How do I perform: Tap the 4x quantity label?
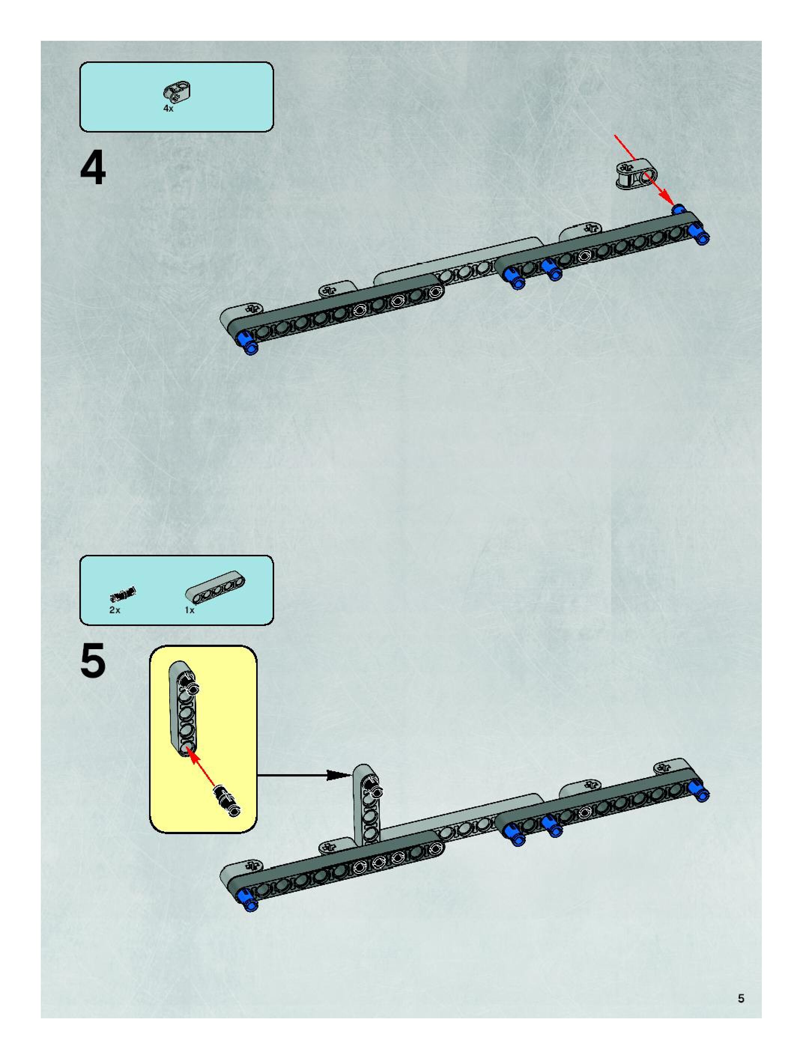click(x=168, y=109)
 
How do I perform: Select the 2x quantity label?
click(x=115, y=610)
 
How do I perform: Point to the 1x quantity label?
click(x=190, y=610)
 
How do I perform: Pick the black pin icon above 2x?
click(x=123, y=595)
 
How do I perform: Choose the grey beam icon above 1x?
click(x=215, y=589)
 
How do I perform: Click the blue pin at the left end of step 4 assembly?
click(x=246, y=343)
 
